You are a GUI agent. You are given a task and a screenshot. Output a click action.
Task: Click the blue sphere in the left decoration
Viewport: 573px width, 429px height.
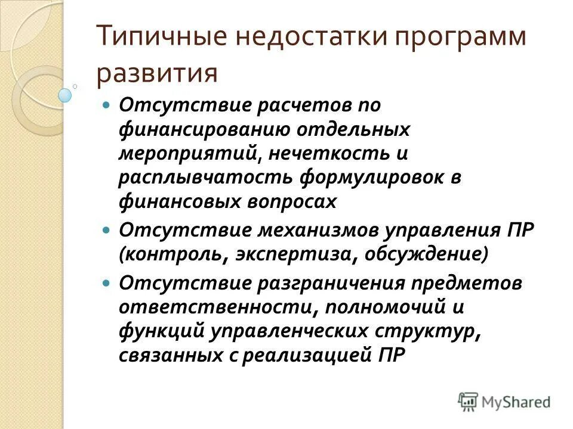pos(65,94)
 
